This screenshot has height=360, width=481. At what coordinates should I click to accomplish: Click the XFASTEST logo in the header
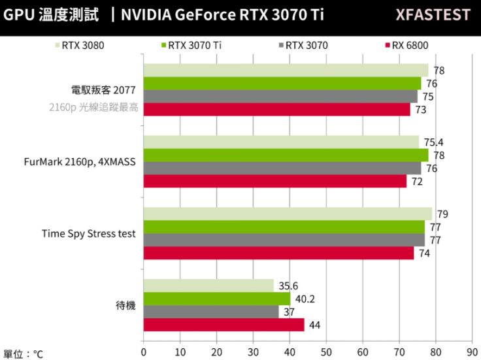[433, 14]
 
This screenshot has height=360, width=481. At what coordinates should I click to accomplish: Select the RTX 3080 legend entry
[82, 46]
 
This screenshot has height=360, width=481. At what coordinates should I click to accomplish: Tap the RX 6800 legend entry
[409, 46]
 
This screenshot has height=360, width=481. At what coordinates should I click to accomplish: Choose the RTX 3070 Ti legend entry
[191, 46]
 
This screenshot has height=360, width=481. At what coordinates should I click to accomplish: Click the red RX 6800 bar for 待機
[224, 325]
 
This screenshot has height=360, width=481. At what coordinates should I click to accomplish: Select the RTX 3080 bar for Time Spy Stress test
[288, 214]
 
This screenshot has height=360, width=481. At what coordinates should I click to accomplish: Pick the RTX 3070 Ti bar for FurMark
[286, 155]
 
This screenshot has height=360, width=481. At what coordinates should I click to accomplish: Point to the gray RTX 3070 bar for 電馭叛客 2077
[280, 96]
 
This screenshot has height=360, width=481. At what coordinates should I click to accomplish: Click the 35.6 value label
[288, 286]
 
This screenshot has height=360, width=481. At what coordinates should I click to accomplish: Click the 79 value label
[442, 214]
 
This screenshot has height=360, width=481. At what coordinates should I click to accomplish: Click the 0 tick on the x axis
[144, 351]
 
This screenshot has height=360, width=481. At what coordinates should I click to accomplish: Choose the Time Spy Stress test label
[89, 233]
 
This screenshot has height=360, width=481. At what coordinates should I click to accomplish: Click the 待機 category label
[125, 305]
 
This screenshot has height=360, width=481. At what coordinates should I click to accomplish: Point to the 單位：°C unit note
[23, 353]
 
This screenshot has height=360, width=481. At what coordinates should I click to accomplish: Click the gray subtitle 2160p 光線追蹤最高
[93, 108]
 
